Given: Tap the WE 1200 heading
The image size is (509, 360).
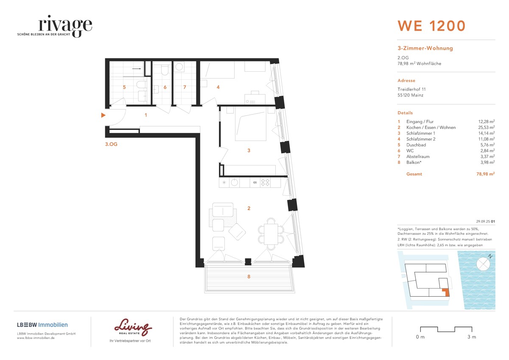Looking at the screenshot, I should click(431, 26).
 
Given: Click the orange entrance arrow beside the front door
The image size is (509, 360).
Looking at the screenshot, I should click(103, 115).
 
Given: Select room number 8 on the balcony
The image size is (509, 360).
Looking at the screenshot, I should click(249, 277).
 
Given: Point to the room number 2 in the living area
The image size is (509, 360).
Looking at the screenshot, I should click(249, 208).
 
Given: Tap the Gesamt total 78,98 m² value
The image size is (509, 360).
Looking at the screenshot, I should click(484, 174).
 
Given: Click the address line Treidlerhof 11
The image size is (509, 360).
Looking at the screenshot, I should click(411, 89).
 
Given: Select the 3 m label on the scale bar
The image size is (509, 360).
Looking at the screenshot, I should click(471, 337).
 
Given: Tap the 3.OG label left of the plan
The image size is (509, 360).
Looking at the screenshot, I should click(111, 144).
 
